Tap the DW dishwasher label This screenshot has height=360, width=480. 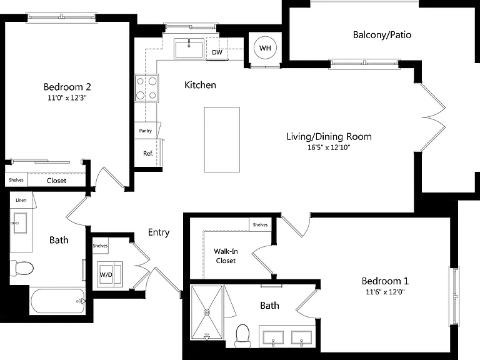coord(217,52)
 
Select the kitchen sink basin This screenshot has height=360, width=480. coord(189,48)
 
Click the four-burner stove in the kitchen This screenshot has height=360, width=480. coord(147,88)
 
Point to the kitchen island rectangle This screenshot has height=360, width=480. coord(222,139)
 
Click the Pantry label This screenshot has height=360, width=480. coord(146,131)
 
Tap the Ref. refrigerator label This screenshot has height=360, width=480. coord(148,153)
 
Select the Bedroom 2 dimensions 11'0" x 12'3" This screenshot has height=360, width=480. coord(67,98)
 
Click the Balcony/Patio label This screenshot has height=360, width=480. coord(382,35)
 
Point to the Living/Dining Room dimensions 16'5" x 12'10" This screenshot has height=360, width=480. coord(329,147)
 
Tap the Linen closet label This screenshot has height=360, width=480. coord(21,200)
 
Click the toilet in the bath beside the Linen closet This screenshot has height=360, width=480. coord(21,268)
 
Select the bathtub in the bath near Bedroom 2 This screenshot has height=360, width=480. coord(58,301)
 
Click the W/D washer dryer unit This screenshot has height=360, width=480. coord(109,274)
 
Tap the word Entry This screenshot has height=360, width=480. coord(159,232)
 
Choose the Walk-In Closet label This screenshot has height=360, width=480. coord(226,256)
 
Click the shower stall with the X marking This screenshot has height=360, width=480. coord(207,312)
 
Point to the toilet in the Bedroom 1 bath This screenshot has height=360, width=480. coord(242,336)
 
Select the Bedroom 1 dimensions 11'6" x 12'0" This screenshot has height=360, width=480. coord(385,292)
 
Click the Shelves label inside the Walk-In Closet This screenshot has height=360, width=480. coord(260,225)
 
